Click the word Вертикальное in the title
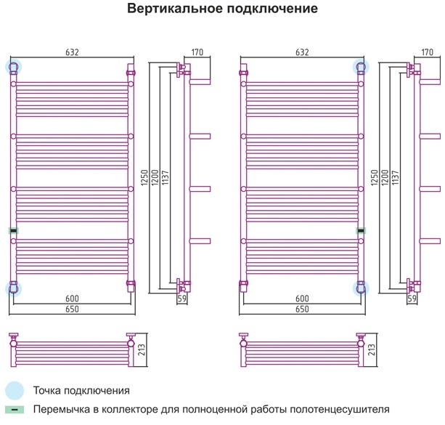(175, 9)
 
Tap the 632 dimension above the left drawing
(72, 52)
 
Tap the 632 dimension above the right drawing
(302, 52)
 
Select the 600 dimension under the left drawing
(72, 299)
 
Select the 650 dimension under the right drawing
(302, 309)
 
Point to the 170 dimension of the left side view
(197, 52)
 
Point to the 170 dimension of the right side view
(427, 52)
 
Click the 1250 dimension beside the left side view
(144, 178)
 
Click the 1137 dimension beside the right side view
(395, 178)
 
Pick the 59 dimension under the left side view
(182, 299)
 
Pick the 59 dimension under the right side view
(412, 299)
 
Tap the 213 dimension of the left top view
(142, 349)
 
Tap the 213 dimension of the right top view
(372, 349)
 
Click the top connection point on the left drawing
(14, 67)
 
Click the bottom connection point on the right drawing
(361, 288)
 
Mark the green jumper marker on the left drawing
(13, 231)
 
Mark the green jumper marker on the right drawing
(361, 231)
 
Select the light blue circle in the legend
(15, 391)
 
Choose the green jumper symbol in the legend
(15, 410)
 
